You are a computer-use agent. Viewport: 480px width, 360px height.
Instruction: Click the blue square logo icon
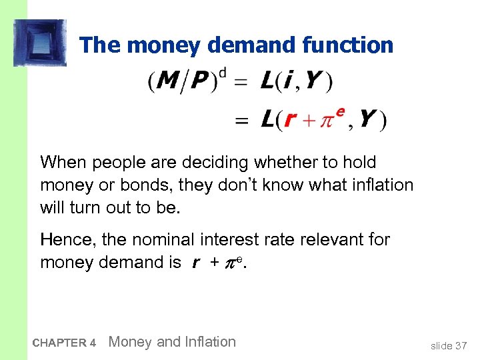(39, 43)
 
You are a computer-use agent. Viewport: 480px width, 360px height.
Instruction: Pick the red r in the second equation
(289, 120)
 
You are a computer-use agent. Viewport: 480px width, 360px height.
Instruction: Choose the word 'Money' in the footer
(129, 342)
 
